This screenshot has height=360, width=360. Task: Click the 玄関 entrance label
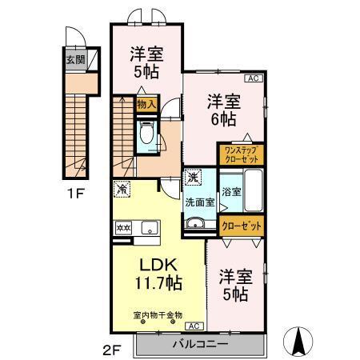[74, 60]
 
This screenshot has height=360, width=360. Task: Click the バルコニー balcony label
[200, 343]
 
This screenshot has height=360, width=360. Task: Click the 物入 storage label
[146, 104]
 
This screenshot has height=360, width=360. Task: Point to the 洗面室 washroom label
[200, 202]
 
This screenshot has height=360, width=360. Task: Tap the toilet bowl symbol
[147, 137]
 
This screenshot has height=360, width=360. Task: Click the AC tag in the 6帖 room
[252, 78]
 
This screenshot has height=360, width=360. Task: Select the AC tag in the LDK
[193, 326]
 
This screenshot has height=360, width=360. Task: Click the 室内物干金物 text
[158, 314]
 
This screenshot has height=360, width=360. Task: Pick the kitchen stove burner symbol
[124, 227]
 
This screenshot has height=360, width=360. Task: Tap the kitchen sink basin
[150, 228]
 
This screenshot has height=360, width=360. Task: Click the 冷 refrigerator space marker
[122, 190]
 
